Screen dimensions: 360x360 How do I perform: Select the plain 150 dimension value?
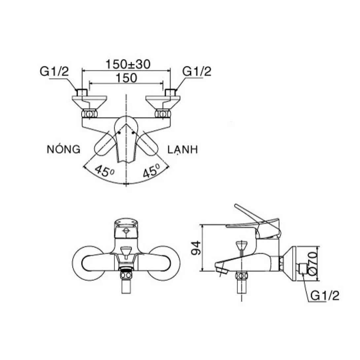[126, 78]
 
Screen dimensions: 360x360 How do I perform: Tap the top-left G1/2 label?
[54, 71]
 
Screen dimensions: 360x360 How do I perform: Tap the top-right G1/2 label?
[197, 71]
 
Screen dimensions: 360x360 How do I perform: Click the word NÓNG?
[63, 150]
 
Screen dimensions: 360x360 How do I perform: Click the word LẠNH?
[182, 150]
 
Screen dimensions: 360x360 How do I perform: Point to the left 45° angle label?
[103, 171]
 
